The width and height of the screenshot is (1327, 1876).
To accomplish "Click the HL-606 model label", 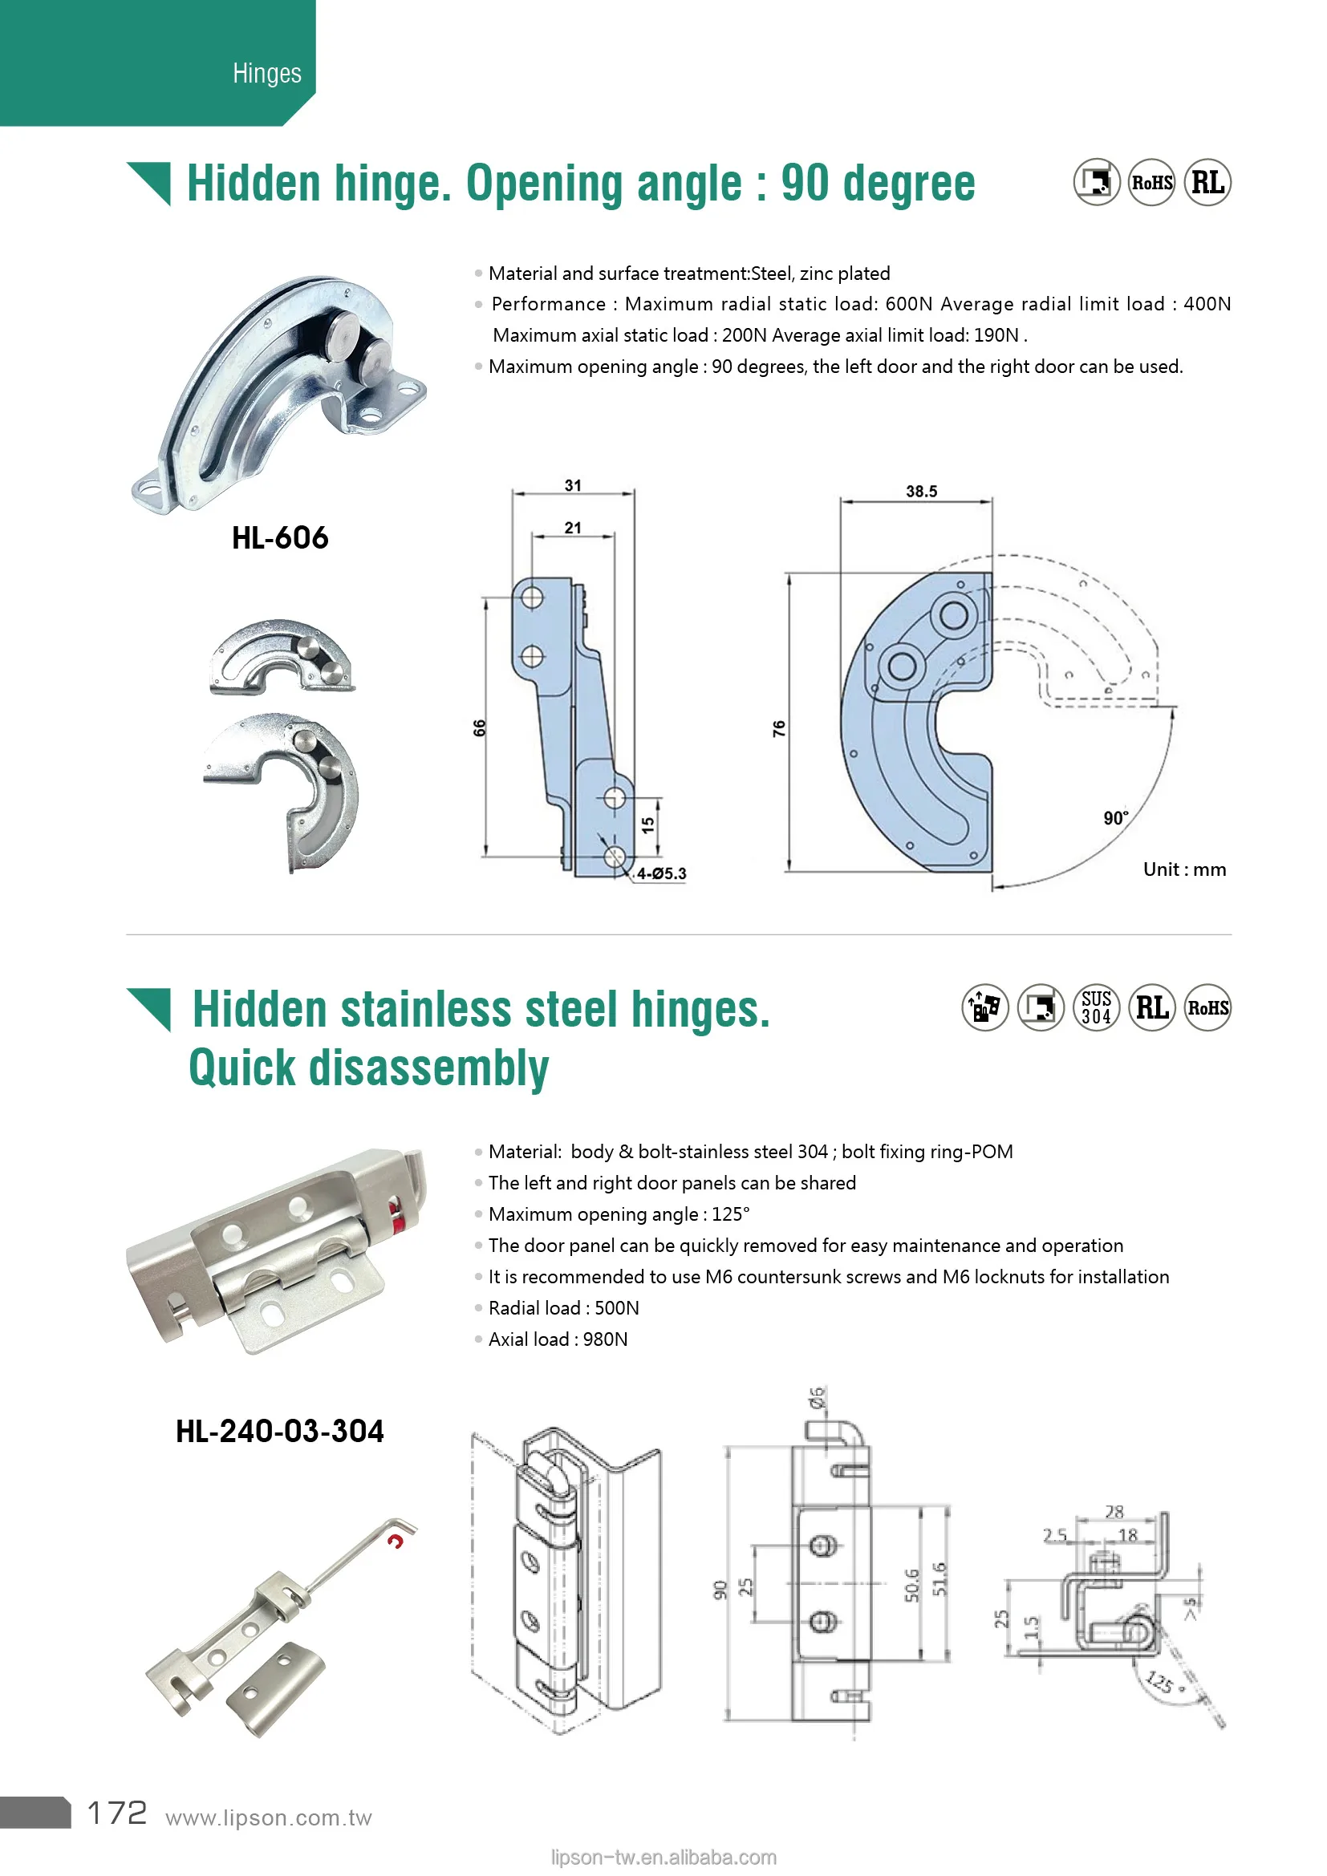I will (279, 537).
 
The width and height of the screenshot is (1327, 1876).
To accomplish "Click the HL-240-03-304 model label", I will (279, 1431).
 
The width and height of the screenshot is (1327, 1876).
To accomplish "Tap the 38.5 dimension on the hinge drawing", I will (921, 491).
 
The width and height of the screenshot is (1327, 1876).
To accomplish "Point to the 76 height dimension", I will (779, 728).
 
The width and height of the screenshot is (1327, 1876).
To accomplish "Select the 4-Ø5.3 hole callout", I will (661, 873).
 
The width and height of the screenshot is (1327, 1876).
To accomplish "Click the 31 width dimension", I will (573, 485).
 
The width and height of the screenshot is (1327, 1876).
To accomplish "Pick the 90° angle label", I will (1115, 818).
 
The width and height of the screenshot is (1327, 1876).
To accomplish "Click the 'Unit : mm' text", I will (1184, 869).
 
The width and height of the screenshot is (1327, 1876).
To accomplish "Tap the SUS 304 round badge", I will (1096, 1007).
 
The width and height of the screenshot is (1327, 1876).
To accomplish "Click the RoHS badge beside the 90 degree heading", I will (1151, 182).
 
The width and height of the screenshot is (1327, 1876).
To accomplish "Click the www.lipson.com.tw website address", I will (268, 1817).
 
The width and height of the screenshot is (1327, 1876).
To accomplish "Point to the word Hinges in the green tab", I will (266, 73).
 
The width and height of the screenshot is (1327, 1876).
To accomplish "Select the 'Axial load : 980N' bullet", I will (558, 1339).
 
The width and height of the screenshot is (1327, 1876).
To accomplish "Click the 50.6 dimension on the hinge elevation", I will (912, 1584).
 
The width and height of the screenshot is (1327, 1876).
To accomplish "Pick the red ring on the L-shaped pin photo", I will (396, 1541).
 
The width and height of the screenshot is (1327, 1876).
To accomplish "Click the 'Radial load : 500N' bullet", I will (564, 1308).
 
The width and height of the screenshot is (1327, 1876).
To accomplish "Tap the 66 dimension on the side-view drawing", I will (480, 727).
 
